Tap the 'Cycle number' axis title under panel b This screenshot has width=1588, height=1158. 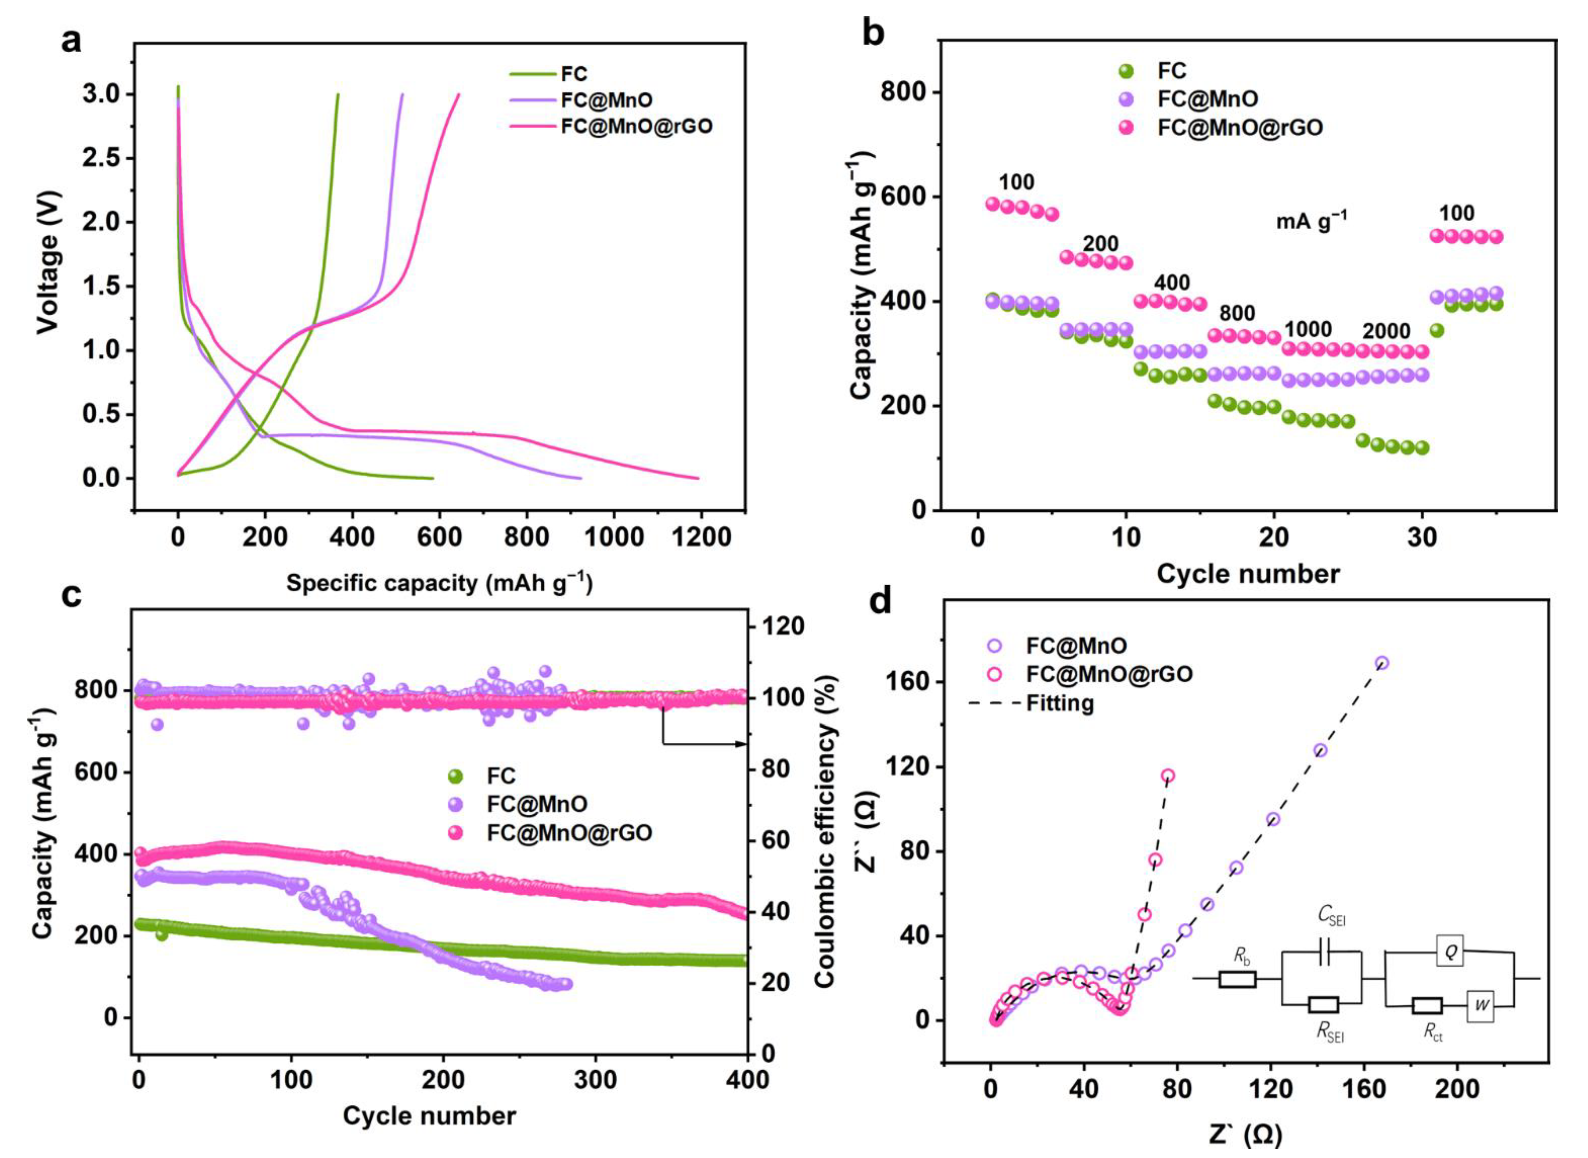point(1247,573)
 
